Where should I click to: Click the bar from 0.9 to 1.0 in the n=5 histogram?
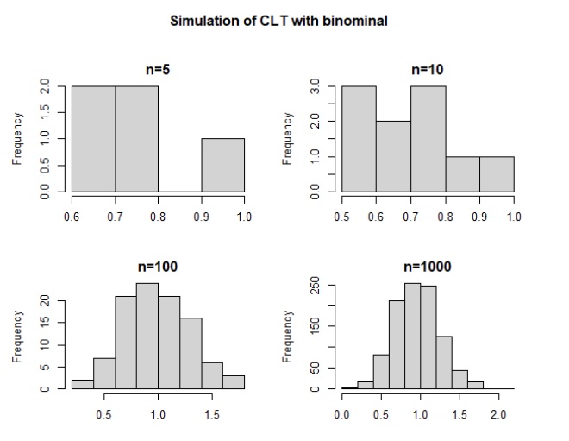click(x=222, y=164)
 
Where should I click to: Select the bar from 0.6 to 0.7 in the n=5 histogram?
click(x=93, y=138)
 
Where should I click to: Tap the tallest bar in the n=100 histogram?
click(x=147, y=337)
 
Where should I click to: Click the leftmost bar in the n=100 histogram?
click(x=82, y=384)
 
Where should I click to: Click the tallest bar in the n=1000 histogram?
click(x=412, y=337)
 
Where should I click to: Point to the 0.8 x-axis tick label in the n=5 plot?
click(x=158, y=217)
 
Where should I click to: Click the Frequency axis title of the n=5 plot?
click(x=16, y=138)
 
